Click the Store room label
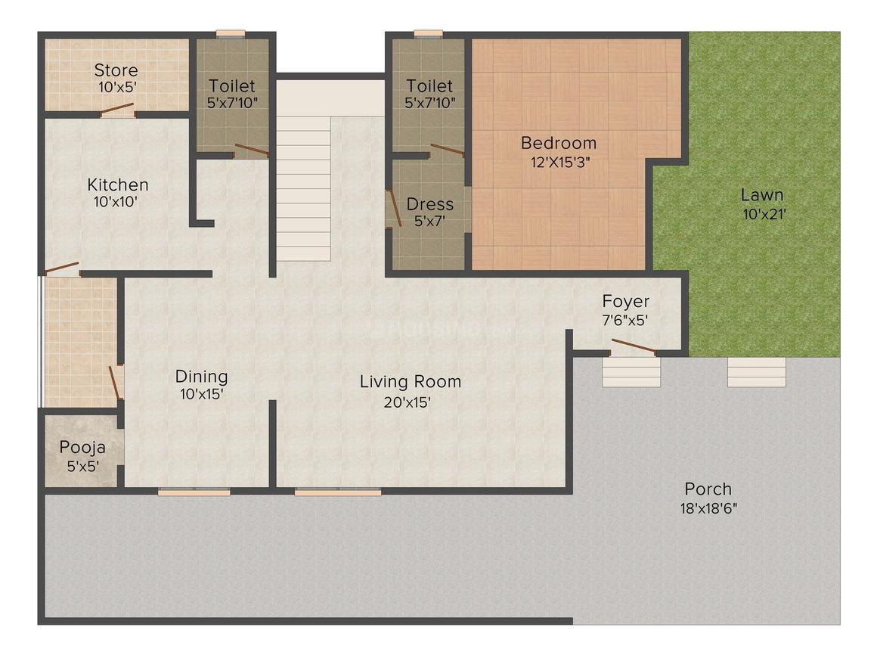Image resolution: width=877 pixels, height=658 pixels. [x=116, y=70]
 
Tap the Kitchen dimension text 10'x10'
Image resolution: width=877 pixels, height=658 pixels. [x=116, y=202]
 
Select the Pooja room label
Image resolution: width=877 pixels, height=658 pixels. [x=82, y=448]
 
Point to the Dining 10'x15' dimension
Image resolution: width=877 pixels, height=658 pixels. [x=201, y=394]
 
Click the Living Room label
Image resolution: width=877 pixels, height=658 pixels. [x=411, y=382]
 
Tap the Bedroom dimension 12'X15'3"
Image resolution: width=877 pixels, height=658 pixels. [x=560, y=163]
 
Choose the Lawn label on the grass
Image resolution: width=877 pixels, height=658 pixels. [x=762, y=195]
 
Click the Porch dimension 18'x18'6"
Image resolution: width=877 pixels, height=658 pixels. [x=708, y=508]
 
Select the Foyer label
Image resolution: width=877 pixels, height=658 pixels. [x=625, y=302]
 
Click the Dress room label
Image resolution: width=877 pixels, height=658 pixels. [x=429, y=204]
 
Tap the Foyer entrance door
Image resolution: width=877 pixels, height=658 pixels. [x=633, y=347]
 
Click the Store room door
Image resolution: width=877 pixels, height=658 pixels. [x=117, y=110]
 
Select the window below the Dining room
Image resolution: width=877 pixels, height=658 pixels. [x=194, y=492]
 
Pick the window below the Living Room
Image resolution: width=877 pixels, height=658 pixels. [x=339, y=492]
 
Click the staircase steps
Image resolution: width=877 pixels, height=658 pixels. [x=304, y=188]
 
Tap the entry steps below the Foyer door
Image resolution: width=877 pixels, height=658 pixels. [x=631, y=372]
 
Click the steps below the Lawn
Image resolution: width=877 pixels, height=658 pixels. [x=757, y=372]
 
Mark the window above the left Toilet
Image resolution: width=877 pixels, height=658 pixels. [x=231, y=33]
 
